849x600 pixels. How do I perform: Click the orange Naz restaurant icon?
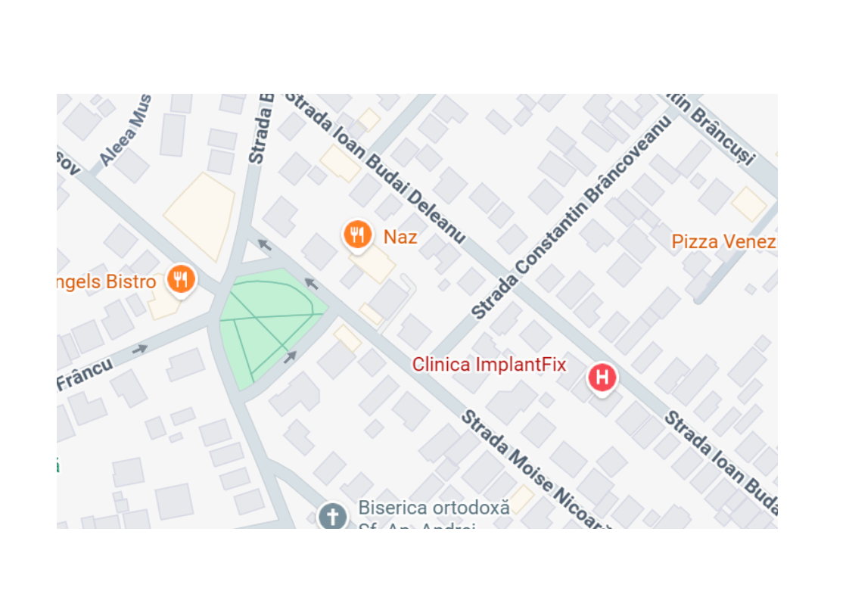coord(356,235)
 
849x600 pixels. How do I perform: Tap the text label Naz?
coord(400,237)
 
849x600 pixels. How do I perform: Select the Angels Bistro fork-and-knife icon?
coord(180,278)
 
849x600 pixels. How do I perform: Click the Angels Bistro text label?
coord(107,282)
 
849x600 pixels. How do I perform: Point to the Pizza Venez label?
coord(723,241)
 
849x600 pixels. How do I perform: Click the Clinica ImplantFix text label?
coord(489,364)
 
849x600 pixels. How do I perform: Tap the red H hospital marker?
coord(602,377)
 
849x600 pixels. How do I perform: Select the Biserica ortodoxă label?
coord(434,508)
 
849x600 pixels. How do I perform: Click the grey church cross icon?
coord(332,518)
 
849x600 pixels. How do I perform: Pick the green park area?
coord(269,322)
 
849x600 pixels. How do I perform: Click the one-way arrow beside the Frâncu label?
coord(140,349)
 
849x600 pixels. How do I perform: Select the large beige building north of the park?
coord(200,216)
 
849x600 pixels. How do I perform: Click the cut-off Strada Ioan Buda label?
coord(720,462)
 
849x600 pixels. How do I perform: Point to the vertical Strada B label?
coord(260,129)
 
